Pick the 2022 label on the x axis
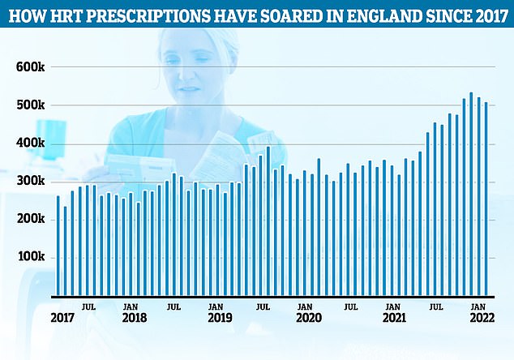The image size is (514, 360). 478,319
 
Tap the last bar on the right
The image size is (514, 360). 486,198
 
